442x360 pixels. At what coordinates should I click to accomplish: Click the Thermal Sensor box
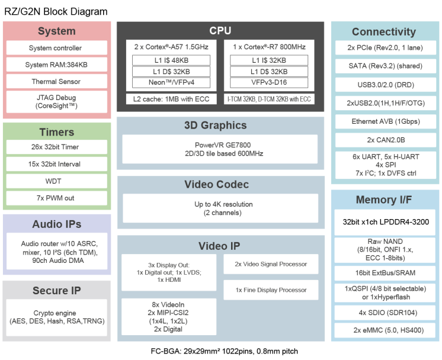point(56,82)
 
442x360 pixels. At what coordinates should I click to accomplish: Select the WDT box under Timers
point(56,181)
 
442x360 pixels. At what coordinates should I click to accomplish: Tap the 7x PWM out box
point(56,198)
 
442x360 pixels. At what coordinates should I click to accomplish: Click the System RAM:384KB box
point(56,65)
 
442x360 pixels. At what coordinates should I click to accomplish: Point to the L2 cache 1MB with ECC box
point(171,99)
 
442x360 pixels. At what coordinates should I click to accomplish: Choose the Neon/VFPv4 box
point(171,82)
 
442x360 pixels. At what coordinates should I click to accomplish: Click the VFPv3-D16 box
point(269,82)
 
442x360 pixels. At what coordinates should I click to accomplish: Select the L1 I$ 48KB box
point(171,60)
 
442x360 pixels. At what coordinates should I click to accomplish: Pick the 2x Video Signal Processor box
point(270,264)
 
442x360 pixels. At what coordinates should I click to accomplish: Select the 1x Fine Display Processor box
point(270,290)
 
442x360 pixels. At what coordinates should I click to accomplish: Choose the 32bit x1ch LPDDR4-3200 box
point(386,222)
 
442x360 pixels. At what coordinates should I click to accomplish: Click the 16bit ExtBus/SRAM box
point(386,273)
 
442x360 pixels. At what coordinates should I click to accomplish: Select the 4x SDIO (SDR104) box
point(386,312)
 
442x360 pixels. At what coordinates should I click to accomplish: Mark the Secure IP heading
point(56,291)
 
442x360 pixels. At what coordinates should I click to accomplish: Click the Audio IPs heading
point(56,224)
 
